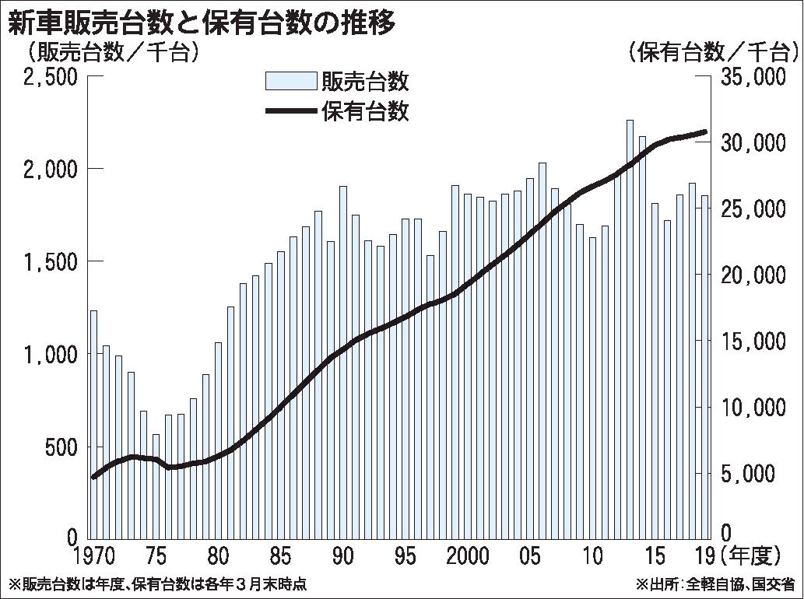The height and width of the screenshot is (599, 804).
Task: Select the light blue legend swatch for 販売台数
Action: tap(290, 81)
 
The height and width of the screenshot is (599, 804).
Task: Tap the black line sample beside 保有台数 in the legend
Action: tap(290, 112)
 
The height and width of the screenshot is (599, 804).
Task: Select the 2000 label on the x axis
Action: tap(468, 557)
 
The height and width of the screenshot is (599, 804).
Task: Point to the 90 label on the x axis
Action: tap(343, 557)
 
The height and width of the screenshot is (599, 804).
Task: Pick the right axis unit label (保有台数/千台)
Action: tap(714, 53)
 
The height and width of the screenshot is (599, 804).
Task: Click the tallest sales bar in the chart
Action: tap(630, 327)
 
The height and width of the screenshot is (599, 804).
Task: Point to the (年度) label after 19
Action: tap(750, 557)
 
